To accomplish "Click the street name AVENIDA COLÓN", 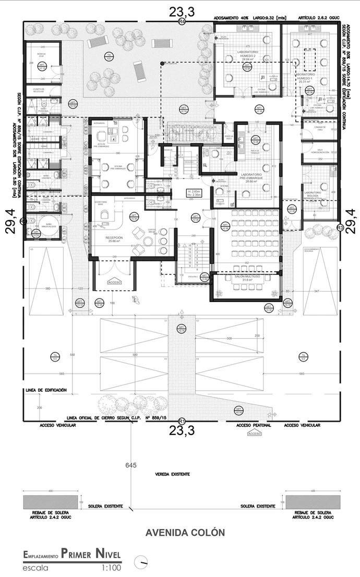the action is pos(185,533).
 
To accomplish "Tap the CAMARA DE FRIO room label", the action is pos(317,127).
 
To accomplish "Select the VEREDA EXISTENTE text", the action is pos(172,475).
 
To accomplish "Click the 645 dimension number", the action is pos(131,464).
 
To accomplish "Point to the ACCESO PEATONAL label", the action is pos(254,426).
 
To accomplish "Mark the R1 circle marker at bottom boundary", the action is pos(182,420).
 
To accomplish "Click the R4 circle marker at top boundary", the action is pos(182,21).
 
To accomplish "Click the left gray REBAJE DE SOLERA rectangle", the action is pos(51,502).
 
